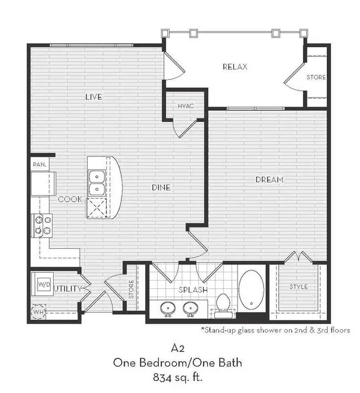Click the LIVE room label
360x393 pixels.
coord(94,97)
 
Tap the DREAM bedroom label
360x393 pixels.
coord(269,180)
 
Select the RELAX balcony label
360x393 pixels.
coord(235,67)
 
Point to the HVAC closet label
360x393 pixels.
coord(186,106)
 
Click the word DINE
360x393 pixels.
coord(161,187)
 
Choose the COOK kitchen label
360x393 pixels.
coord(70,199)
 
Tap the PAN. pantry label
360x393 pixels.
coord(40,165)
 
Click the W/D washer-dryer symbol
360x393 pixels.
coord(44,284)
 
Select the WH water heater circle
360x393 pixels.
coord(38,312)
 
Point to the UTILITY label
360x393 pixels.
coord(68,288)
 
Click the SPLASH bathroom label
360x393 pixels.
coord(193,290)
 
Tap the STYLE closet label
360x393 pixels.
coord(299,287)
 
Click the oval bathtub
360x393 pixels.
coord(251,289)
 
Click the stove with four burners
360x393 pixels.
coord(42,225)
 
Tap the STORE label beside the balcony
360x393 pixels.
coord(316,77)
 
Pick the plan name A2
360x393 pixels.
coord(178,348)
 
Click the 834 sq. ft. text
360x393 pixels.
coord(177,377)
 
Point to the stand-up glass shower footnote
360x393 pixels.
coord(276,330)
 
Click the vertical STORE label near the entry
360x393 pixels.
coord(131,289)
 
